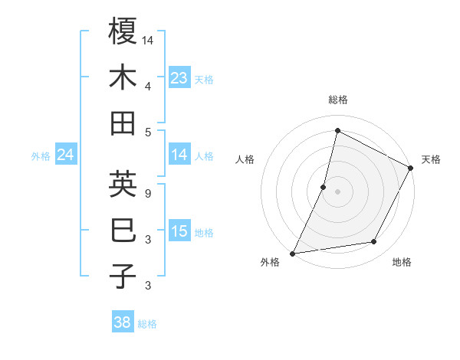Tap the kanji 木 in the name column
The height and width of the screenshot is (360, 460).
[x=123, y=77]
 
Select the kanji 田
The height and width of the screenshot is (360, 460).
[x=123, y=123]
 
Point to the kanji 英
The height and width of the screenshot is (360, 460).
[x=123, y=184]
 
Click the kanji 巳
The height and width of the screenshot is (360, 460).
[x=123, y=230]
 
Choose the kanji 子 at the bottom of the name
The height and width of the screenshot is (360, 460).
[x=123, y=276]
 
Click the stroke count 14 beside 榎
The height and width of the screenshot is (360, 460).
[x=148, y=39]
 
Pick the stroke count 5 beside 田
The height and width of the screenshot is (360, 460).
[x=148, y=131]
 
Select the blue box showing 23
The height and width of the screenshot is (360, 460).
[x=179, y=77]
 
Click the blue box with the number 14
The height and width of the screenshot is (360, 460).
[x=179, y=155]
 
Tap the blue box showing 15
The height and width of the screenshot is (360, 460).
[x=179, y=231]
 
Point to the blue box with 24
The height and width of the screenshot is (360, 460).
[x=65, y=155]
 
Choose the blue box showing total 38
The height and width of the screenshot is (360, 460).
[x=122, y=322]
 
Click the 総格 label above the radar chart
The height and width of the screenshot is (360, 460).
[x=337, y=100]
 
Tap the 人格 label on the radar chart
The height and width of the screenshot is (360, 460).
[x=245, y=159]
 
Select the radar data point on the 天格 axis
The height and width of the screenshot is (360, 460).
[x=411, y=168]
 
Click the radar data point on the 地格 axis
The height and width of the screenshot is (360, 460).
[x=374, y=242]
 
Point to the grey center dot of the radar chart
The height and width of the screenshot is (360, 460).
[x=337, y=191]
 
